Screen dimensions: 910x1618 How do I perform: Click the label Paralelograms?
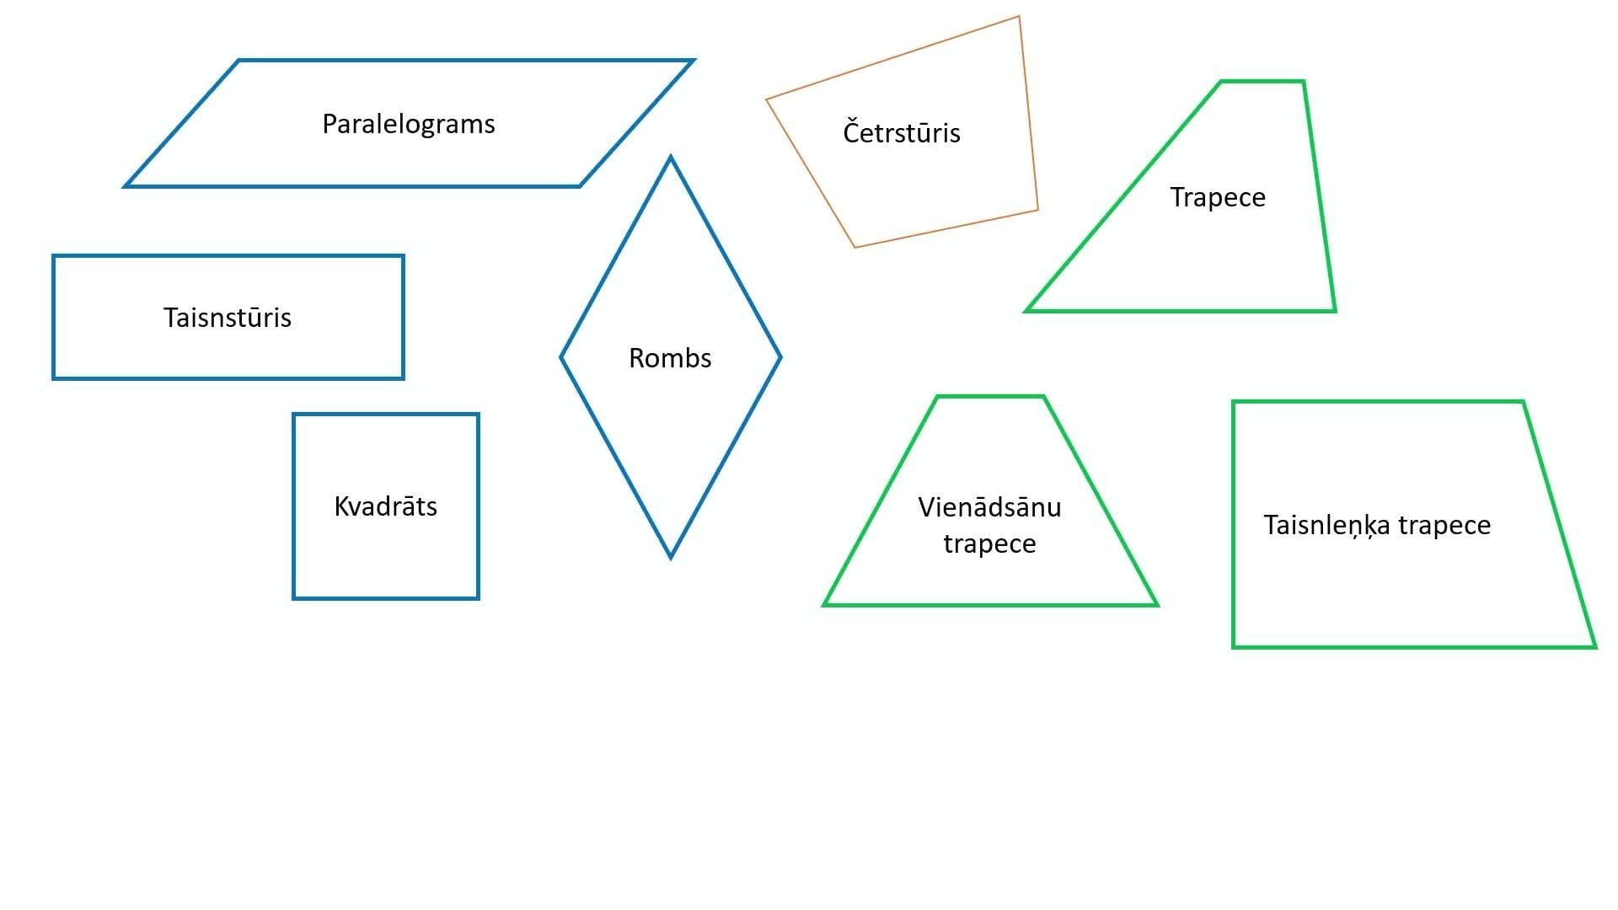[x=409, y=124]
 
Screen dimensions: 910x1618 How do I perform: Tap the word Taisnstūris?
[x=228, y=318]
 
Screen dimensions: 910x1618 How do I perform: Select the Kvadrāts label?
[x=386, y=506]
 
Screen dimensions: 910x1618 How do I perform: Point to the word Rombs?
[x=670, y=358]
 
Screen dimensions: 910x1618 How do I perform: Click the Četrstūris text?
[x=902, y=133]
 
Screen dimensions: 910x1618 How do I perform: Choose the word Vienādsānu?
[x=989, y=507]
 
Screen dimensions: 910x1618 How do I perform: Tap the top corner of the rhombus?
[x=671, y=158]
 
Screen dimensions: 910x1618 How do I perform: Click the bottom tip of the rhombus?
[x=671, y=557]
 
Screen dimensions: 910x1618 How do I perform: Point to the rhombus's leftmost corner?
[x=562, y=357]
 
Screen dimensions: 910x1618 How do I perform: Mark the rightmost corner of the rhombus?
[x=780, y=357]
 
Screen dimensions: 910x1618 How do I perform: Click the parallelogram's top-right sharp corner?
[x=692, y=61]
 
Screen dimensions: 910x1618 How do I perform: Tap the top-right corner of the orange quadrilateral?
[x=1019, y=17]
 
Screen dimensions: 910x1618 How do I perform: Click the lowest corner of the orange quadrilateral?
[x=855, y=247]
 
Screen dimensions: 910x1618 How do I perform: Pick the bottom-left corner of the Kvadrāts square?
[x=294, y=598]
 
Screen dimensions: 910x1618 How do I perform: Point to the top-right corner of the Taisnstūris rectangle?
[x=403, y=256]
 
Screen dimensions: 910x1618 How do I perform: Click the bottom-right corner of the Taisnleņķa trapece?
[x=1594, y=646]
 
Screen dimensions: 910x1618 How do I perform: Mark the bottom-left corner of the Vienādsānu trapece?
[x=825, y=604]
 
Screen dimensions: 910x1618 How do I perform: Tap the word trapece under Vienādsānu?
[x=989, y=544]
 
